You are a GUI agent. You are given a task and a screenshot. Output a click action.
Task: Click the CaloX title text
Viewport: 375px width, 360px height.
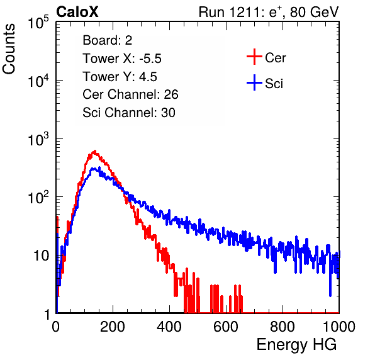coord(77,12)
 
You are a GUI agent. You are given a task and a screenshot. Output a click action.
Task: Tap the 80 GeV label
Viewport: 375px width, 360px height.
coord(315,12)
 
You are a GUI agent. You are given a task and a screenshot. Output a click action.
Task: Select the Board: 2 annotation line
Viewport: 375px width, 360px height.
coord(107,40)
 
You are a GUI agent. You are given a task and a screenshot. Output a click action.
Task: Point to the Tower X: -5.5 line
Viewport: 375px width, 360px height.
coord(122,59)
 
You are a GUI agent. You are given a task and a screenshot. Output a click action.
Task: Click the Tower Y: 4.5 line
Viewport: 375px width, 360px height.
coord(120,77)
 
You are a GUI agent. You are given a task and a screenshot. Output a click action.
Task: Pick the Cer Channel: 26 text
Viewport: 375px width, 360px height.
coord(130,94)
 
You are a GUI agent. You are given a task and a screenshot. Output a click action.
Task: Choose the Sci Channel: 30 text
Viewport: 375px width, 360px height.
coord(129,113)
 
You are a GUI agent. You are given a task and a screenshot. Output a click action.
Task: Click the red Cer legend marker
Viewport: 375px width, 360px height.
coord(254,57)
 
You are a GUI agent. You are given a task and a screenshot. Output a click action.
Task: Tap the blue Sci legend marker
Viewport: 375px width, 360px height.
coord(254,83)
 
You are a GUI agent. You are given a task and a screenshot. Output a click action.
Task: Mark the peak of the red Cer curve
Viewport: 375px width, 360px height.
coord(95,151)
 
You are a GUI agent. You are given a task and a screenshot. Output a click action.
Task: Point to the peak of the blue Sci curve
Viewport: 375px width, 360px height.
coord(94,169)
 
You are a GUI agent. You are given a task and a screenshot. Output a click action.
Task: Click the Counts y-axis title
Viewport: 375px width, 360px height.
coord(9,49)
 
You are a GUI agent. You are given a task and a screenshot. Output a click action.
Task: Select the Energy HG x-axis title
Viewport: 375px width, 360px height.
coord(296,345)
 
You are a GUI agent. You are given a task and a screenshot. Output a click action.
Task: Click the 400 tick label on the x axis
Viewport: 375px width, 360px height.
coord(169,327)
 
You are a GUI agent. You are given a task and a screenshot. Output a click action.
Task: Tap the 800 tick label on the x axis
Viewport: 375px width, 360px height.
coord(283,327)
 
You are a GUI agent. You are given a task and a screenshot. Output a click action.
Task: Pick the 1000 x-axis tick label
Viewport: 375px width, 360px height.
coord(339,327)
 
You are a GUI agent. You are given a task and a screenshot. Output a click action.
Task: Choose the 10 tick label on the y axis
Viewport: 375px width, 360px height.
coord(42,256)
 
